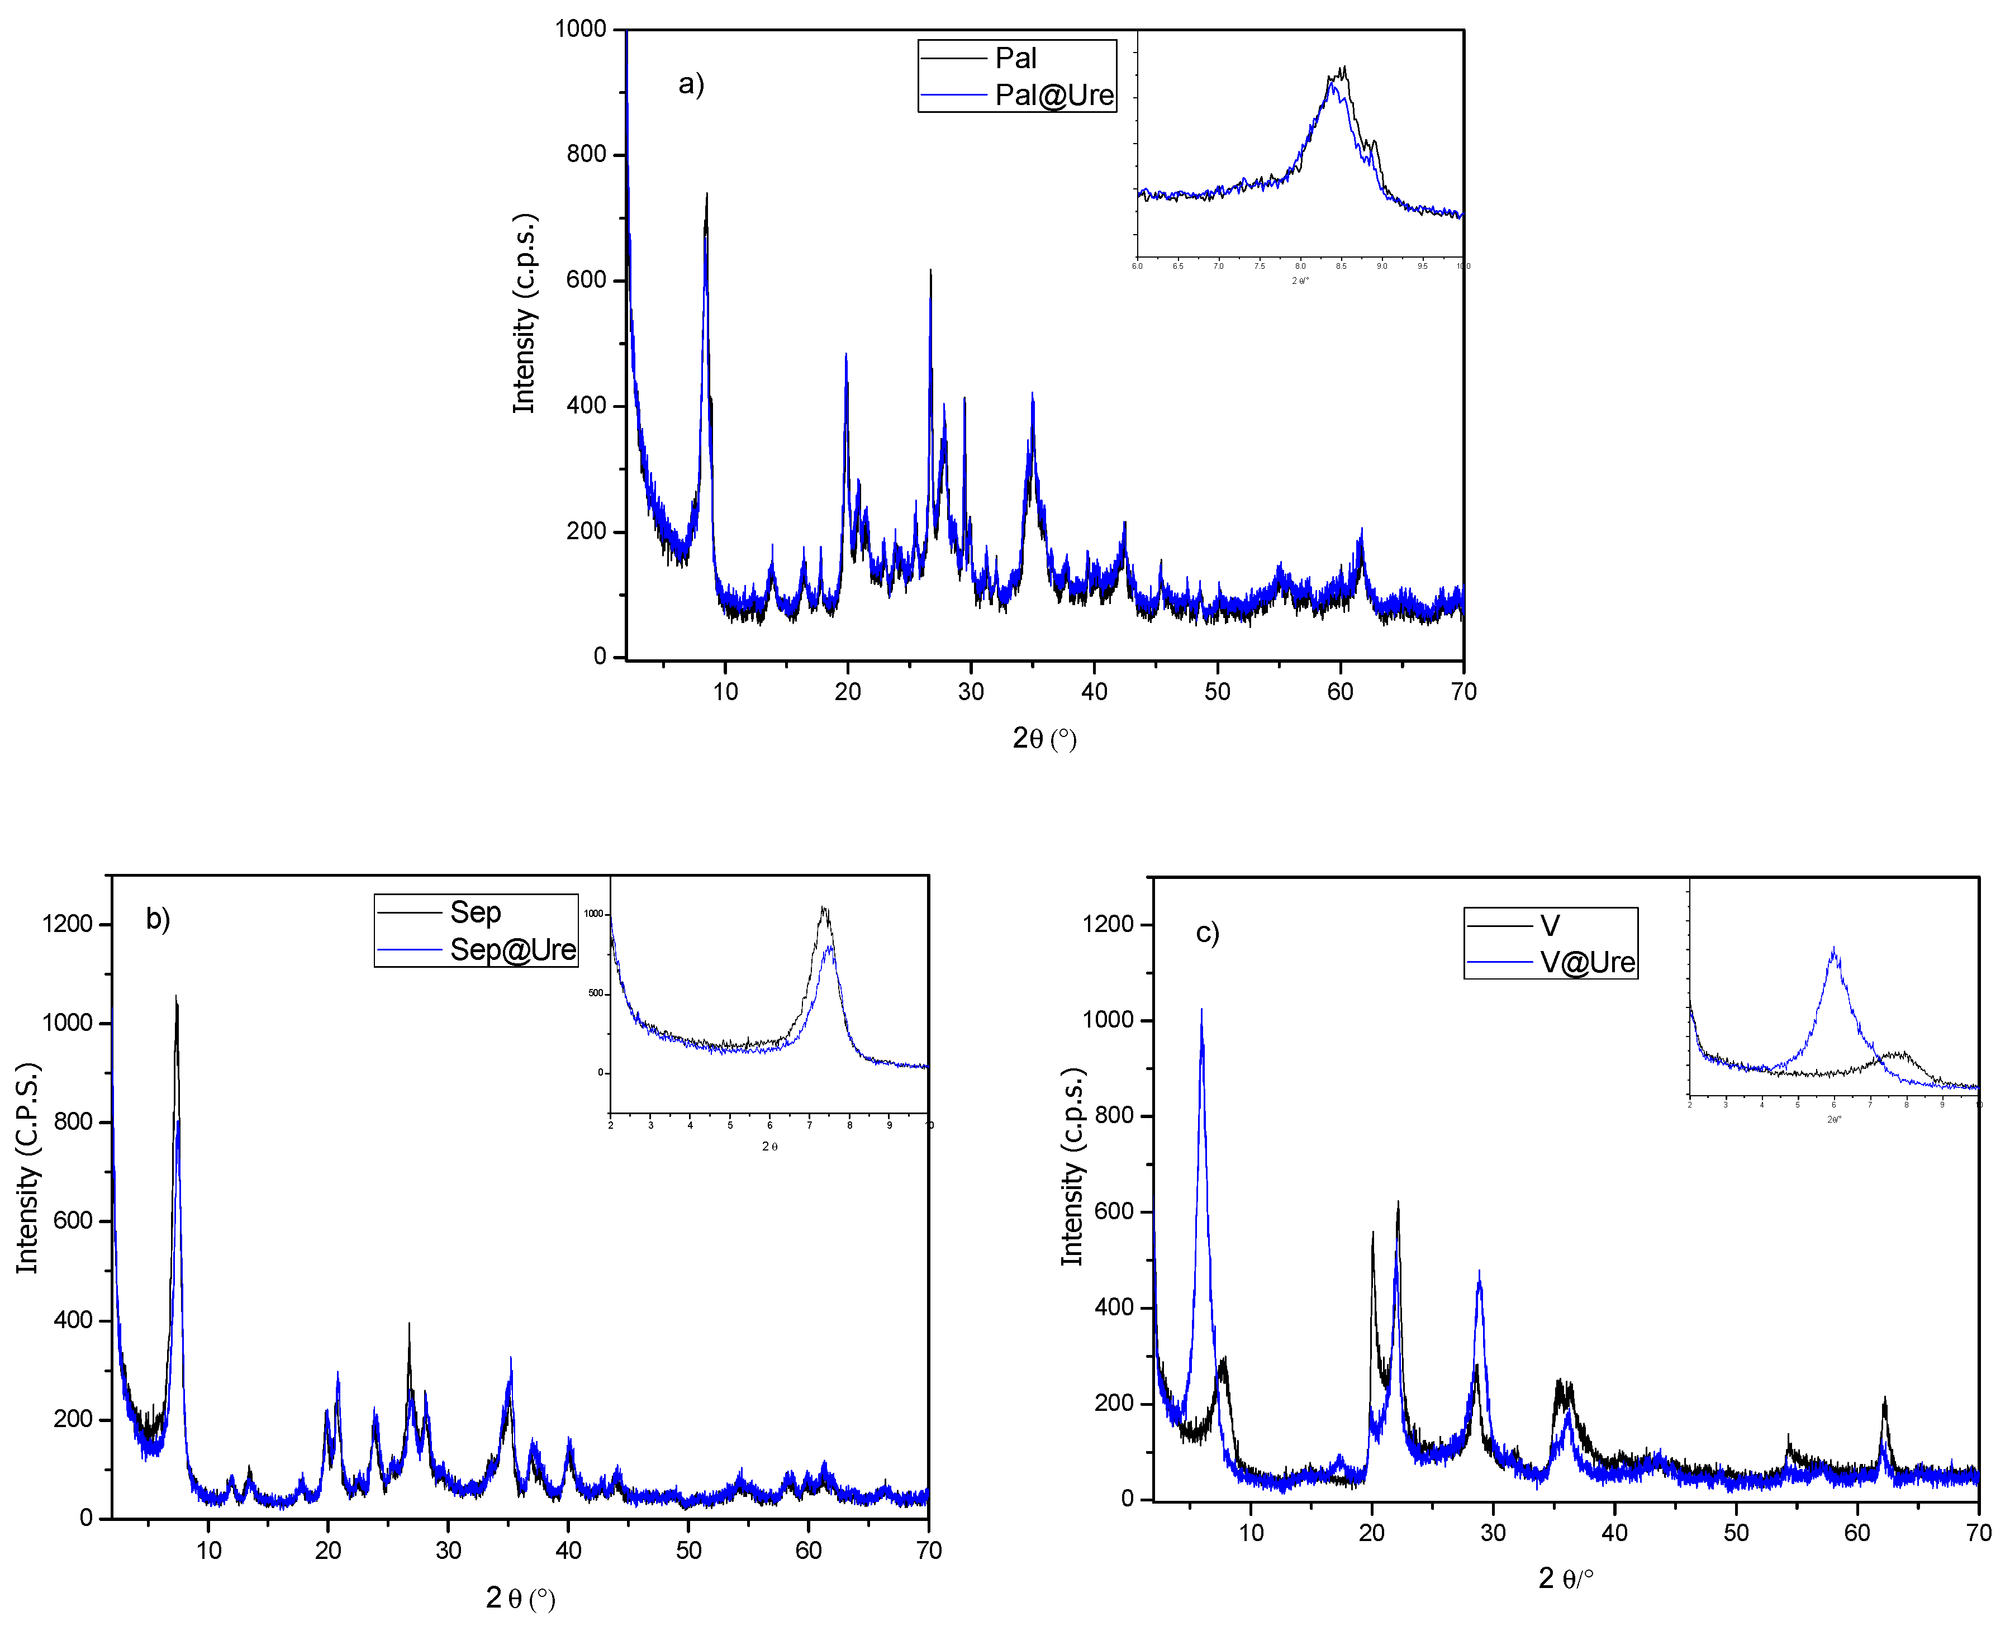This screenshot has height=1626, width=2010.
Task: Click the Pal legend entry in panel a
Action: [x=1015, y=58]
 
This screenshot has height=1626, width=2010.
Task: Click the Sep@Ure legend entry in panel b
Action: [x=512, y=950]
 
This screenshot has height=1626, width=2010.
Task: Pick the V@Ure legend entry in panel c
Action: [x=1588, y=962]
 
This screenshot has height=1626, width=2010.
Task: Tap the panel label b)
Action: [x=158, y=919]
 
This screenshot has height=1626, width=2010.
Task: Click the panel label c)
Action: [x=1208, y=933]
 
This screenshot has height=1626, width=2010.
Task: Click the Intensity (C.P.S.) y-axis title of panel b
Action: [x=27, y=1168]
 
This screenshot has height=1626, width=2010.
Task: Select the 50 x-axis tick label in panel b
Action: [x=688, y=1550]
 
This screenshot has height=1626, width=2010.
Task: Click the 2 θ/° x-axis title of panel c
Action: [x=1565, y=1579]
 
